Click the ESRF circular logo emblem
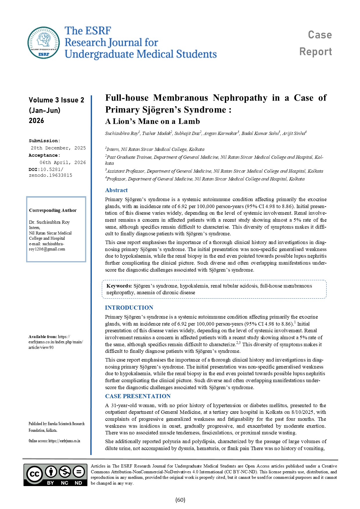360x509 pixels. click(x=44, y=42)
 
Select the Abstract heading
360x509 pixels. click(x=116, y=190)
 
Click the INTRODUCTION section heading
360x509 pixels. click(x=129, y=308)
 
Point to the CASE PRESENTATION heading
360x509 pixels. click(x=138, y=396)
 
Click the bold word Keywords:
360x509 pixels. click(x=119, y=286)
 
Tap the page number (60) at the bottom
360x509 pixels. click(x=180, y=500)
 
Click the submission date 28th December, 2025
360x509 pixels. click(x=58, y=148)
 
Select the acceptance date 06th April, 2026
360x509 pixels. click(x=63, y=163)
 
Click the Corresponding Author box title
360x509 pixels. click(x=53, y=210)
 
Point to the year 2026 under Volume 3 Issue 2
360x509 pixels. click(x=36, y=121)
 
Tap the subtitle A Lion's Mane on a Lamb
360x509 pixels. click(x=152, y=121)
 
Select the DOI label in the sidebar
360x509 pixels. click(x=34, y=169)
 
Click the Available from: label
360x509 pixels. click(x=43, y=337)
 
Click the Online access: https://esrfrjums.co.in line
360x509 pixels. click(x=54, y=441)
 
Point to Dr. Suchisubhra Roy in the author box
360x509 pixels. click(x=49, y=222)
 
